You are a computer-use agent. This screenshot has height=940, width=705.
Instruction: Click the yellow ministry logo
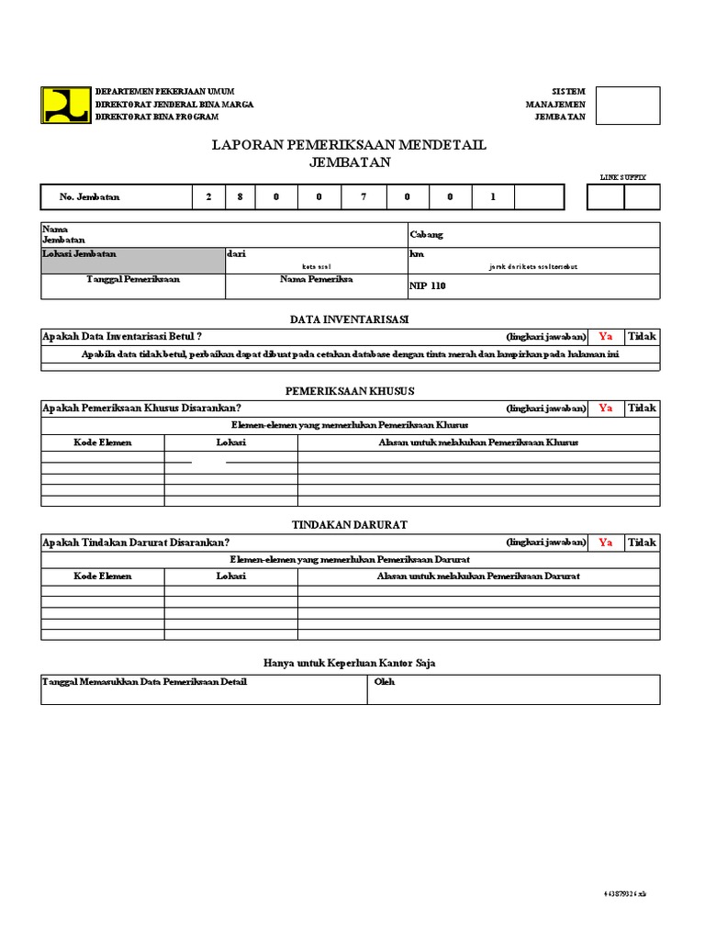pos(66,105)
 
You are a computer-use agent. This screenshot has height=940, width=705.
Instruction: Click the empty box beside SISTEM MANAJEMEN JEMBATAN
pos(628,105)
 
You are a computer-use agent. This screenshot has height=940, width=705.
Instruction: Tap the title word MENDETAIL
pos(442,145)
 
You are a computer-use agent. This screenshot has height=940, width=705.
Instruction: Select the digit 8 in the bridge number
pos(241,197)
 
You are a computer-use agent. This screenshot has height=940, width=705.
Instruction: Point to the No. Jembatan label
pos(89,197)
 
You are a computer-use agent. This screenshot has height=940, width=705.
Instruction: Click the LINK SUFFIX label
pos(623,176)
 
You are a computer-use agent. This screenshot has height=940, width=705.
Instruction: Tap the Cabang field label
pos(426,235)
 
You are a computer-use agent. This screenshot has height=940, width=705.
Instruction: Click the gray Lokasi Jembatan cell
pos(132,260)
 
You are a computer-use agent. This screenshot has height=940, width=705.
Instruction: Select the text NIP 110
pos(427,286)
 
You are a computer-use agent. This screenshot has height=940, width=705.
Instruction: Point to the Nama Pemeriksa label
pos(317,279)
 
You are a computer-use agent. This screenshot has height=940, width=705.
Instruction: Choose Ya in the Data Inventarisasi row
pos(605,337)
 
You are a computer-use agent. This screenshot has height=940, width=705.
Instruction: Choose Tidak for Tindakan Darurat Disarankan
pos(642,543)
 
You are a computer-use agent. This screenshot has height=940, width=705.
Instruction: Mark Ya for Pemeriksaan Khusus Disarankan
pos(605,408)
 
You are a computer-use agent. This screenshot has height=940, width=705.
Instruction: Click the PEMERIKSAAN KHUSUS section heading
pos(350,391)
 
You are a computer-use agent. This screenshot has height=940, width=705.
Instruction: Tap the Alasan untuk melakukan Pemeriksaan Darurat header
pos(478,576)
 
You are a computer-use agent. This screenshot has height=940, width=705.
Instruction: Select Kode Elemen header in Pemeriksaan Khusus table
pos(103,442)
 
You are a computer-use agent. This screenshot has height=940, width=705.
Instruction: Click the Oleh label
pos(384,682)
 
